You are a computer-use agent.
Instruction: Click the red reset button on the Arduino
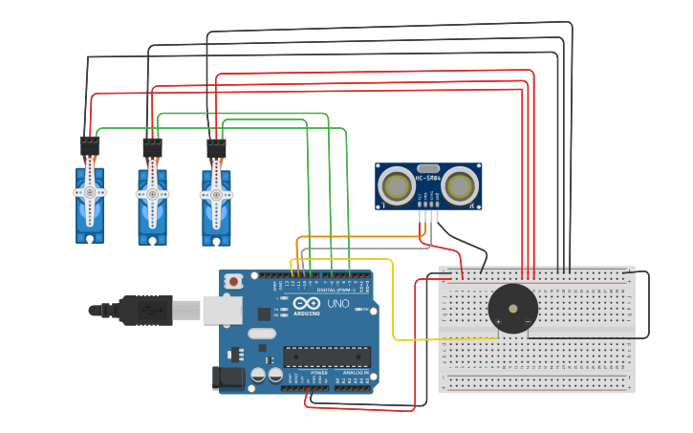pyautogui.click(x=233, y=281)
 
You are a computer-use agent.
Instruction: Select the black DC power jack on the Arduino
pyautogui.click(x=230, y=378)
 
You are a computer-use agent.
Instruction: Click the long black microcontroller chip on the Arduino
pyautogui.click(x=326, y=357)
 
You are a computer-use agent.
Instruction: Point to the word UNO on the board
pyautogui.click(x=338, y=303)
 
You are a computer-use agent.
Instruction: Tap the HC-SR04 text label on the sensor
pyautogui.click(x=428, y=177)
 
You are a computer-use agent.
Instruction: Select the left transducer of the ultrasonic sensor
pyautogui.click(x=396, y=186)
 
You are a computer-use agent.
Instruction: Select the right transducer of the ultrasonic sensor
pyautogui.click(x=461, y=186)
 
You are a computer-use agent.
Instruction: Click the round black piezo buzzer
pyautogui.click(x=512, y=309)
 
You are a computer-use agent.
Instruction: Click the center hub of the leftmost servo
pyautogui.click(x=90, y=192)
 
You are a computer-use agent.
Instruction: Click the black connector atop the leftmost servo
pyautogui.click(x=90, y=145)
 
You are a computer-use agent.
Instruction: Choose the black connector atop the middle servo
pyautogui.click(x=153, y=147)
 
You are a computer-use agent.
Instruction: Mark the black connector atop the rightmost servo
pyautogui.click(x=216, y=148)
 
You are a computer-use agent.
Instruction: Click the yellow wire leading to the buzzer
pyautogui.click(x=393, y=306)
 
